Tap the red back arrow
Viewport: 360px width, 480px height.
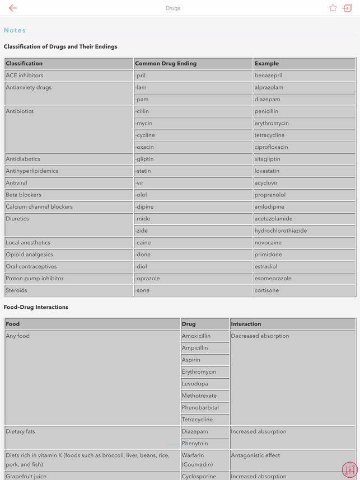[13, 8]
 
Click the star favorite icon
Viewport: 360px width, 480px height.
[333, 8]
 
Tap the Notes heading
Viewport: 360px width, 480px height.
[15, 30]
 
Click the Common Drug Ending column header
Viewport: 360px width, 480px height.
[166, 64]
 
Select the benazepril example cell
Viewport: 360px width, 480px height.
[269, 76]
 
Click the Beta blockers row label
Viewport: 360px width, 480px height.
[24, 195]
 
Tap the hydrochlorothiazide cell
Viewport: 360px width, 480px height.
[280, 231]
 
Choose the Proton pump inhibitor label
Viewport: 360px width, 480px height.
[35, 279]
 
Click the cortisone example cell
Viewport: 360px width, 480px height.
[267, 291]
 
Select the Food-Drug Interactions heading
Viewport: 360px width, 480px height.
[36, 307]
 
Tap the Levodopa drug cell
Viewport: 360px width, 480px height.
[195, 384]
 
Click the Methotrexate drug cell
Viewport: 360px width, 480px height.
[199, 396]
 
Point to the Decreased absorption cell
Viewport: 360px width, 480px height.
[260, 336]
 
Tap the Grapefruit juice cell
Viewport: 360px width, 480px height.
[26, 477]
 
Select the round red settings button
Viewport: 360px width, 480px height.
[350, 469]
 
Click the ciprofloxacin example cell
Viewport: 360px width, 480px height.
[272, 147]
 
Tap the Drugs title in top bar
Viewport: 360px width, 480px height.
[173, 8]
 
